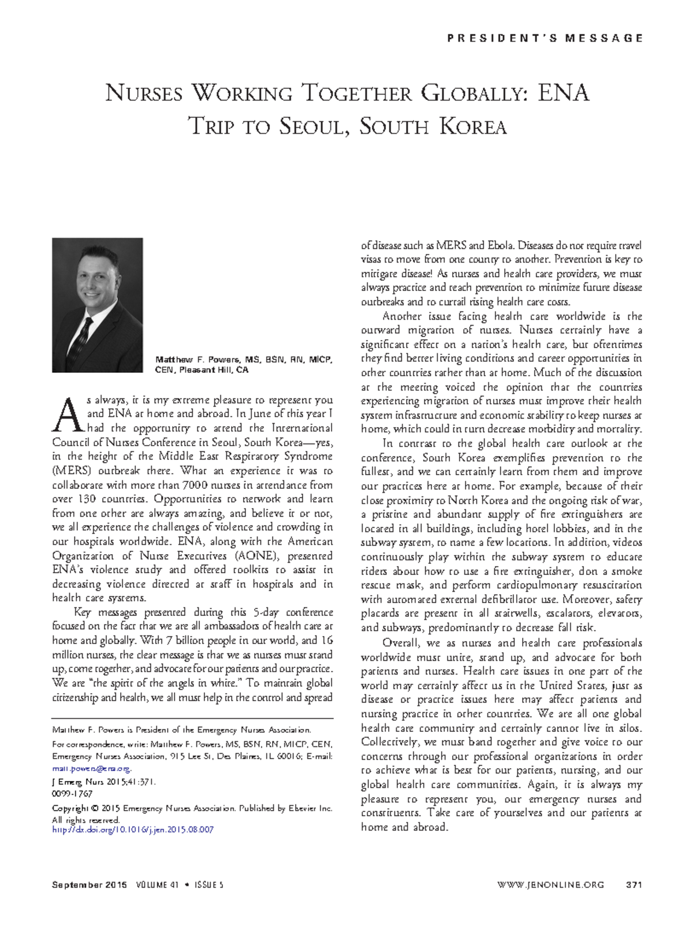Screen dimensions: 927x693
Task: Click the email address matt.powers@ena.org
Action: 91,768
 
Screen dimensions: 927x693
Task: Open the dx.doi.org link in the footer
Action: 133,829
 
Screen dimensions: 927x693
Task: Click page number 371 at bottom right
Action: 634,884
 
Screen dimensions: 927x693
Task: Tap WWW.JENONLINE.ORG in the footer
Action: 550,884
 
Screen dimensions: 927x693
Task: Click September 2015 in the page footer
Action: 90,884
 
